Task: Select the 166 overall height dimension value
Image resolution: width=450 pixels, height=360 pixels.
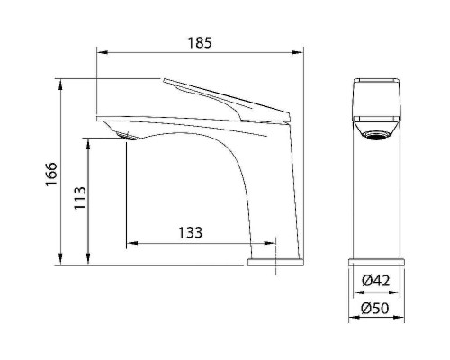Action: pyautogui.click(x=51, y=172)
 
